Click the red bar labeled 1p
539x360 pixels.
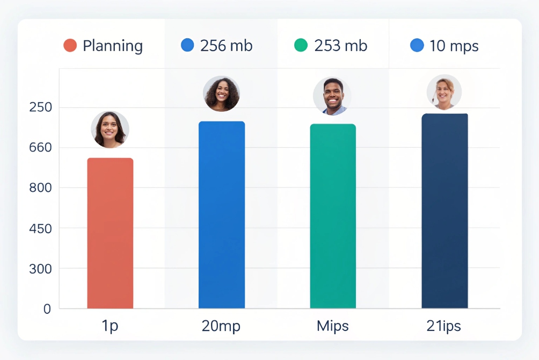coord(110,233)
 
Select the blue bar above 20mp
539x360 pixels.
coord(222,215)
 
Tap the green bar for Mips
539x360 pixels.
coord(333,216)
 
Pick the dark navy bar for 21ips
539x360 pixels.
coord(445,211)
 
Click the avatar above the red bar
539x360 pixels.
coord(110,129)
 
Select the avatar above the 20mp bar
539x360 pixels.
coord(221,93)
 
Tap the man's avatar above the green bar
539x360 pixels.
coord(332,96)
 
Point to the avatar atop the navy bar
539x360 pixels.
coord(444,92)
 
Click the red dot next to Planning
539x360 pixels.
coord(70,46)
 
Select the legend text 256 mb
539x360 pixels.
coord(226,46)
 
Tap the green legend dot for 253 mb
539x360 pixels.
coord(301,46)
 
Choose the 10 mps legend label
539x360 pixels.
coord(454,46)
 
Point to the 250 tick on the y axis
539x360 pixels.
coord(40,107)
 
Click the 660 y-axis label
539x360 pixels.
coord(40,148)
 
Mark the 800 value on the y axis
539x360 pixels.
coord(40,188)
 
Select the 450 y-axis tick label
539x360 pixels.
coord(40,228)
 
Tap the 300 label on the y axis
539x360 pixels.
coord(40,269)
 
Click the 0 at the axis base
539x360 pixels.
coord(47,309)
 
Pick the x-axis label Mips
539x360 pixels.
coord(333,326)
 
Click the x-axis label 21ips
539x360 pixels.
coord(444,326)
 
